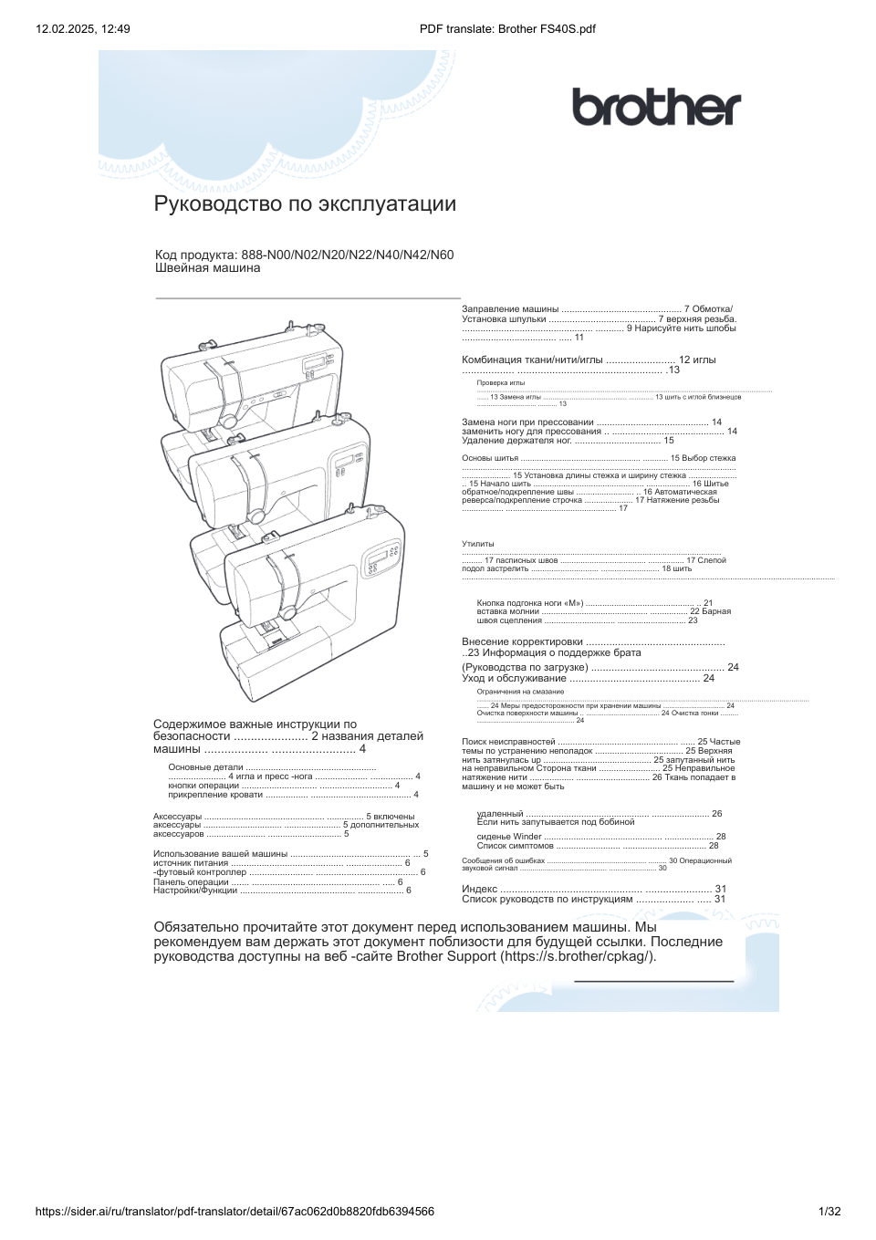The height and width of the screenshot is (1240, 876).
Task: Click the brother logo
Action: click(656, 108)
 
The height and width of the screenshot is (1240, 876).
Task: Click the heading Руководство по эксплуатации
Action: click(305, 203)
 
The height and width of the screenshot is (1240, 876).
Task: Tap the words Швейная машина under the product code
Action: click(207, 268)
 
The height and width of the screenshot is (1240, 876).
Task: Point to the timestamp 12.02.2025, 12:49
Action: click(83, 28)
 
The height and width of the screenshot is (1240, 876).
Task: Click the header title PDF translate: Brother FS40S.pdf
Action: click(507, 28)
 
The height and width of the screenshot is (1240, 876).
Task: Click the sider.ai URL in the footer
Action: click(235, 1212)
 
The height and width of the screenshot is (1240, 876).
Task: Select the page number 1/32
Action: click(830, 1212)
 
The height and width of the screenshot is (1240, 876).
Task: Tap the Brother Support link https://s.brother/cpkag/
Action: click(578, 956)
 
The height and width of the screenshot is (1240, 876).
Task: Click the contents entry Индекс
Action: click(480, 889)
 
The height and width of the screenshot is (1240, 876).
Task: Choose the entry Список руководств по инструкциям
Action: click(547, 899)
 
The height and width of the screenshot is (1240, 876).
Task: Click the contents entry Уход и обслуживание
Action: click(514, 678)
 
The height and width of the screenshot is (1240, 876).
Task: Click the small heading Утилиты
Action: click(477, 544)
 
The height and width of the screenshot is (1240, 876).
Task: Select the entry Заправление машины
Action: click(510, 309)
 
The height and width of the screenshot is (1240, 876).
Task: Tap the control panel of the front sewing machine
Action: click(381, 560)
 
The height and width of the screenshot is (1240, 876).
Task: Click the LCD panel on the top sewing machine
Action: click(316, 363)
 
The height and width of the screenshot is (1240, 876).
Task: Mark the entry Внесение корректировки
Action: click(522, 641)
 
